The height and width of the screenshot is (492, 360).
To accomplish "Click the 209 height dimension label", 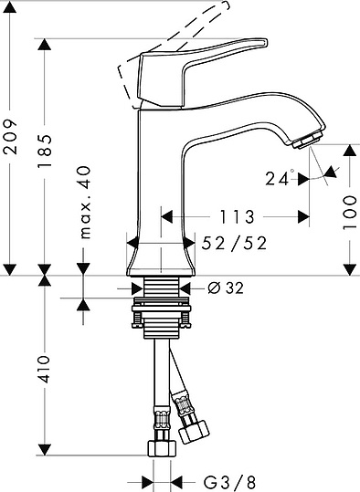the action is click(x=10, y=136).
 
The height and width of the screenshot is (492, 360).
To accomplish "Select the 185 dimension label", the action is click(x=44, y=151).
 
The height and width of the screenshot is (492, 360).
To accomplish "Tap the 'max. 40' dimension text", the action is click(x=84, y=203).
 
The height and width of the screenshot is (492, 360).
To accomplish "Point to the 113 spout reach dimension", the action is click(x=237, y=217).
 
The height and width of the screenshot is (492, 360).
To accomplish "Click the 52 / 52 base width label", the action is click(x=234, y=243).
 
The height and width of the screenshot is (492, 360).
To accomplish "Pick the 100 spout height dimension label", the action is click(x=350, y=213).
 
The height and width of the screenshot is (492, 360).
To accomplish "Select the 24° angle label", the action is click(x=280, y=178).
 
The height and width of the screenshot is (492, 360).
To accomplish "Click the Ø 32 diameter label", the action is click(x=226, y=288).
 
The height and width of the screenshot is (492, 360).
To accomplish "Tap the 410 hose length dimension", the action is click(x=44, y=369).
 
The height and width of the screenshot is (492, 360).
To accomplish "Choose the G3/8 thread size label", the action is click(x=229, y=482).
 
